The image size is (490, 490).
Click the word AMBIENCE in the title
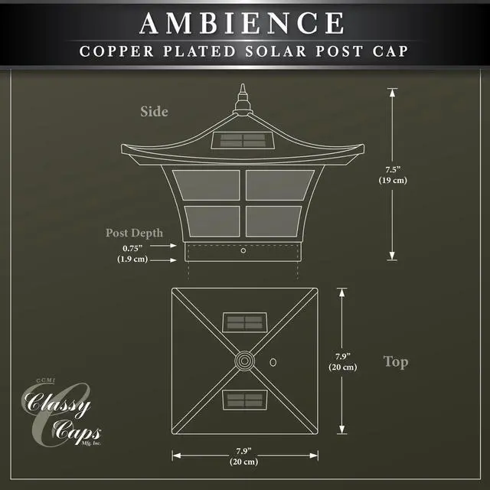point(242,23)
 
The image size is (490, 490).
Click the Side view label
point(154,112)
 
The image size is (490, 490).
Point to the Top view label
point(395,361)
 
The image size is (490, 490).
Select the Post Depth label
point(134,233)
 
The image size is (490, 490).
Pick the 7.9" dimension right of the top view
point(344,357)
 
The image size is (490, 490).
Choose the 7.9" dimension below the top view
point(243,450)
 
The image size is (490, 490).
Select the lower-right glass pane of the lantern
point(279,222)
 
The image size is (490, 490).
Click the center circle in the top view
point(244,360)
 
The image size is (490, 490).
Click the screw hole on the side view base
point(243,250)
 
